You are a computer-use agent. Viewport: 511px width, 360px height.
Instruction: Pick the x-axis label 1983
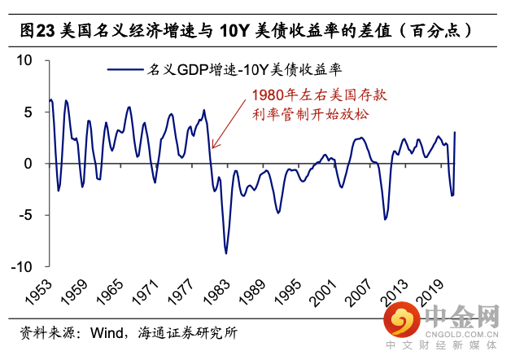[212, 292]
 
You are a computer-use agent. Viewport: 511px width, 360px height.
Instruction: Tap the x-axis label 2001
[320, 292]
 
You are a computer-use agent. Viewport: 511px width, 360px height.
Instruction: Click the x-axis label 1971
[141, 292]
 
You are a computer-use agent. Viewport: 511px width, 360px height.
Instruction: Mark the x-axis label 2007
[356, 292]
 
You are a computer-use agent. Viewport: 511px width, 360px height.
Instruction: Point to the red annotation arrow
[229, 122]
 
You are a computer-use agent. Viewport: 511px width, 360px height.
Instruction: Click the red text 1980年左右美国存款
[320, 94]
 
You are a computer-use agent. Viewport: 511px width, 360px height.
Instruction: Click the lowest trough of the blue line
[226, 252]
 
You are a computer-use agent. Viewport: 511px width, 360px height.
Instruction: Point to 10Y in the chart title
[235, 31]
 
